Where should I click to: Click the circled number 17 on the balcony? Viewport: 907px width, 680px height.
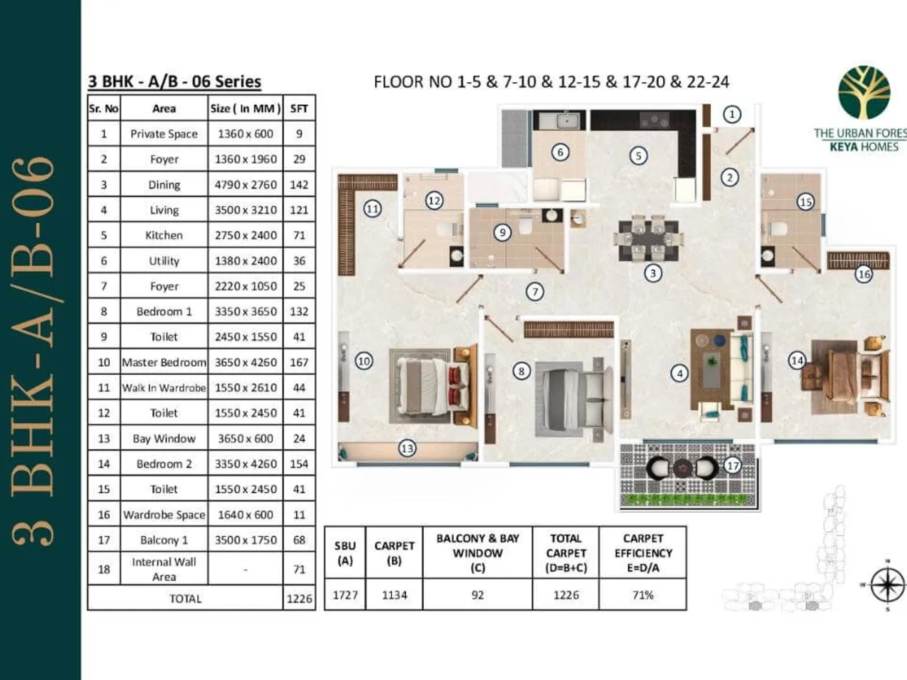733,465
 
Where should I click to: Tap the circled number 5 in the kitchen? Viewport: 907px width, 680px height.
638,156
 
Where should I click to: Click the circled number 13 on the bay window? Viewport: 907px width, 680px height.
407,448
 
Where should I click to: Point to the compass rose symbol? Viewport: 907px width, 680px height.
886,586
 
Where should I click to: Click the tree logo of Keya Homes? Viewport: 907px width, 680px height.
864,93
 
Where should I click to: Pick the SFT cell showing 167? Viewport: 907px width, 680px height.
299,362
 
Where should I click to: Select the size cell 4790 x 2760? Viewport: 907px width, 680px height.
245,185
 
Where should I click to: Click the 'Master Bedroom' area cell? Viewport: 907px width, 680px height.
164,362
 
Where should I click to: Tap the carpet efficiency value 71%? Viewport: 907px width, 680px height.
643,595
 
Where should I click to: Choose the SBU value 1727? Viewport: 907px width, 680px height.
345,595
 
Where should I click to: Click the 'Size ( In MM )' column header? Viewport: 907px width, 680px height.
245,108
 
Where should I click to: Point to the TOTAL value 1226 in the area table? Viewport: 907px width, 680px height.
299,599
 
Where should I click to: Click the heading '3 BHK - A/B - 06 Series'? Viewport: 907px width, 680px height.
174,81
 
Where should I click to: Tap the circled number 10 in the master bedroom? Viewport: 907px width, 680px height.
364,361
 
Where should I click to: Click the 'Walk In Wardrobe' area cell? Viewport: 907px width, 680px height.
164,387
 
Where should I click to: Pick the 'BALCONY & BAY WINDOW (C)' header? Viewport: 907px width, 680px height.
478,552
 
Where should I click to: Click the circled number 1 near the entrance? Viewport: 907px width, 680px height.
732,114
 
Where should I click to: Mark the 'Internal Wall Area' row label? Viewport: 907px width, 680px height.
164,569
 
